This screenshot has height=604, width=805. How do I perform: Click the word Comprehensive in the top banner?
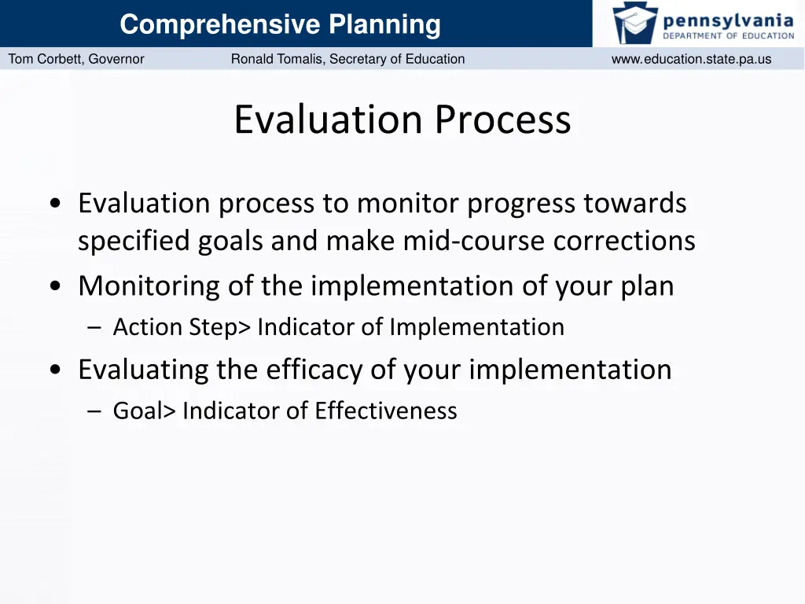point(220,24)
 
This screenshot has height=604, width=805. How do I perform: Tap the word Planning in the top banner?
point(384,24)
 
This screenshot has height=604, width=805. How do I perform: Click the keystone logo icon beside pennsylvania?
point(635,23)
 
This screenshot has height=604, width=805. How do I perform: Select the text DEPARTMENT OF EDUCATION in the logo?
point(728,35)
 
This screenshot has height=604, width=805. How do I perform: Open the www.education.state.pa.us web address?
point(691,59)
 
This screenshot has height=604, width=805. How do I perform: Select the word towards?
point(634,204)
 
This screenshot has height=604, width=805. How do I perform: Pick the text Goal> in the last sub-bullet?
point(145,411)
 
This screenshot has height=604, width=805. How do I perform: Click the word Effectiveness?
point(386,411)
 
